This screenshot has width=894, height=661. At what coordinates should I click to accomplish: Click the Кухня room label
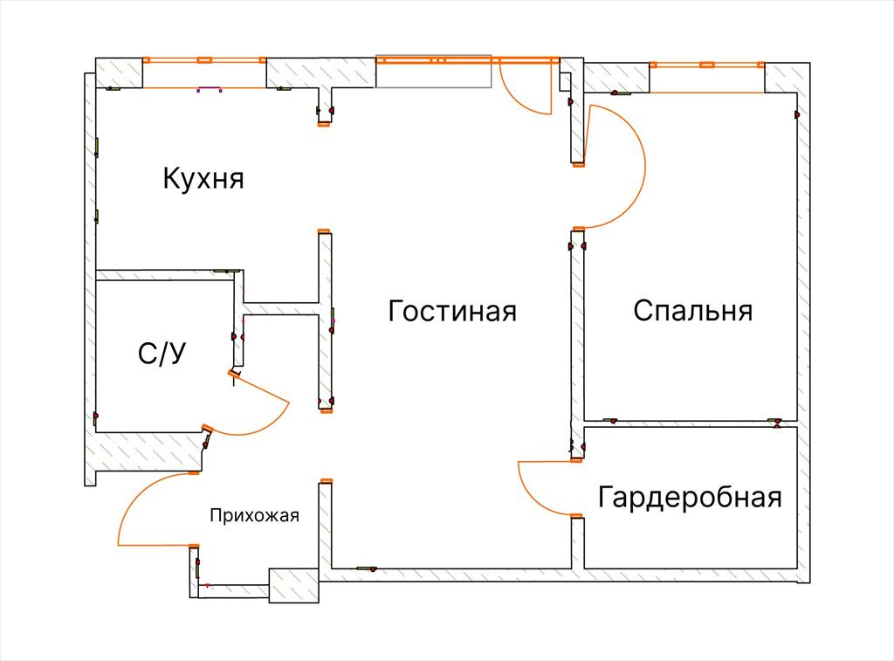click(x=203, y=178)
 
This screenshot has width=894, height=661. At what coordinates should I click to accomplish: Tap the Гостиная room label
click(x=452, y=311)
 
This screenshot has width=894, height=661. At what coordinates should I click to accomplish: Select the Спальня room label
click(x=692, y=311)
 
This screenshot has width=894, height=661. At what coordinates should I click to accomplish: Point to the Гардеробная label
click(x=690, y=497)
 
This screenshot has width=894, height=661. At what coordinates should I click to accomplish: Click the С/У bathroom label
click(x=162, y=354)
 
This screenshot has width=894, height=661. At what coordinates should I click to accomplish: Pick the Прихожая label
click(x=254, y=515)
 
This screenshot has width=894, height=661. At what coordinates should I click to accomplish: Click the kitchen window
click(x=204, y=60)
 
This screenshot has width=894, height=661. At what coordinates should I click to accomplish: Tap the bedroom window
click(x=707, y=65)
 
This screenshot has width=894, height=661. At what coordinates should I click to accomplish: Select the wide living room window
click(x=468, y=59)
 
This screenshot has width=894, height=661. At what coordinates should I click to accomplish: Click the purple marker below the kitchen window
click(x=210, y=89)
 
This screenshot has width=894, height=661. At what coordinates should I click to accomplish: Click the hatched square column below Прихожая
click(x=293, y=585)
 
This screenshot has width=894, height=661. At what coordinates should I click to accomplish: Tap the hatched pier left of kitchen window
click(x=119, y=73)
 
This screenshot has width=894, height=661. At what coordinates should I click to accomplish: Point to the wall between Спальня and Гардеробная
click(x=690, y=423)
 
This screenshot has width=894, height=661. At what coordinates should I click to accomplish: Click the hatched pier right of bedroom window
click(x=787, y=78)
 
